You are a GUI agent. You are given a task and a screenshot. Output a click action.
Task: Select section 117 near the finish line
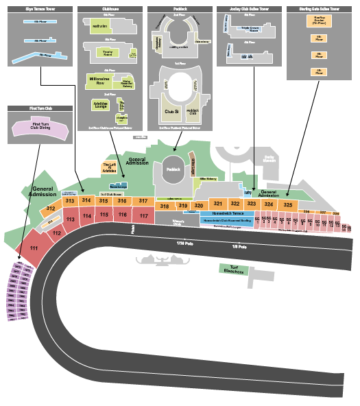tap(143, 216)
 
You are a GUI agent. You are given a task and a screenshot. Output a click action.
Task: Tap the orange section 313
tap(69, 201)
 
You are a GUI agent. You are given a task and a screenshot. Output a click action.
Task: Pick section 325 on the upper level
tap(288, 204)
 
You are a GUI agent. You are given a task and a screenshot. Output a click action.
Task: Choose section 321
tap(217, 204)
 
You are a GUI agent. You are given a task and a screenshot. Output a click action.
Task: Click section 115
tap(104, 215)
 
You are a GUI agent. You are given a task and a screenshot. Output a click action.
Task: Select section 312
tap(51, 208)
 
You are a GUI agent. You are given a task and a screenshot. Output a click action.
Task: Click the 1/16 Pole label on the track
tap(185, 244)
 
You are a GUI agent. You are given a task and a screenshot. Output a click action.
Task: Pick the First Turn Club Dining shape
tap(40, 126)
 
